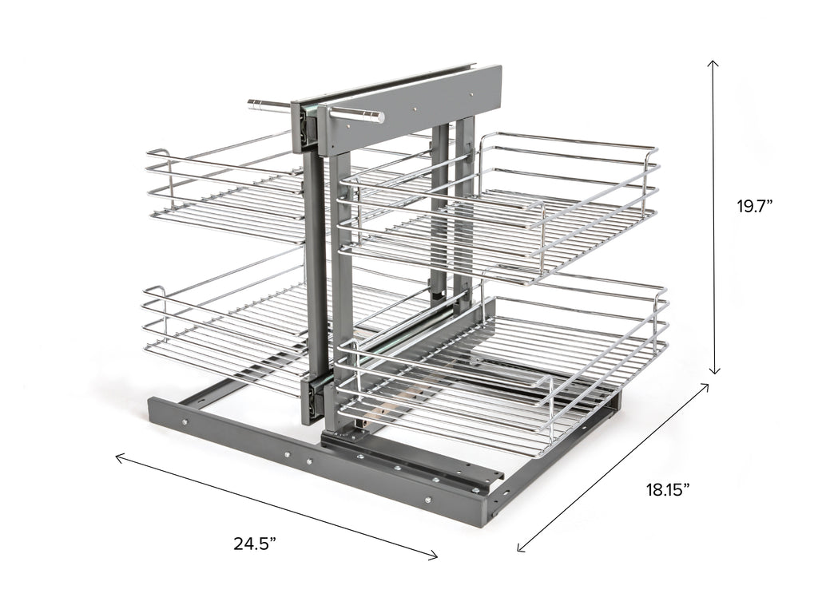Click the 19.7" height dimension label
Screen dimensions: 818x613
[x=754, y=207]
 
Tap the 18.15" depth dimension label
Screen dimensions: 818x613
[x=669, y=490]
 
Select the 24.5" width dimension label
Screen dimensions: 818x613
[x=255, y=544]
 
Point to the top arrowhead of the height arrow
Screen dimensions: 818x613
[x=713, y=62]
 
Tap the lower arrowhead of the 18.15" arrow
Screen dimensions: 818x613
[x=519, y=547]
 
